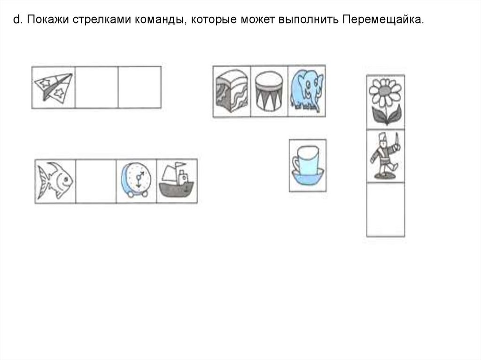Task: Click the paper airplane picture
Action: (54, 88)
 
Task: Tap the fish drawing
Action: (55, 181)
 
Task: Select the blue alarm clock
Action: (136, 181)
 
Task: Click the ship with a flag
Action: (176, 181)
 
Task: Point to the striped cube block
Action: (232, 91)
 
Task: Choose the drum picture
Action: (269, 91)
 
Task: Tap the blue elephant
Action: (306, 91)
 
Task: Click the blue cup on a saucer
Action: (307, 165)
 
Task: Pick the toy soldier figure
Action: (385, 156)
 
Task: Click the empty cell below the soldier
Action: (385, 209)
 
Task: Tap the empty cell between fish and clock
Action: (95, 181)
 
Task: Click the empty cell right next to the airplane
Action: (96, 88)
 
